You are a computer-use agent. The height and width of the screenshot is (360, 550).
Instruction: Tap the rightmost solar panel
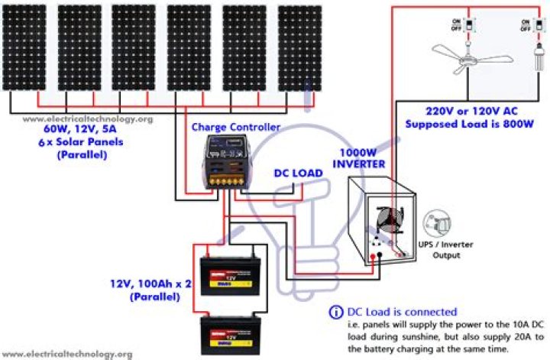coord(299,47)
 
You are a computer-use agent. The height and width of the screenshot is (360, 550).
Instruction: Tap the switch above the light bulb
coord(526,24)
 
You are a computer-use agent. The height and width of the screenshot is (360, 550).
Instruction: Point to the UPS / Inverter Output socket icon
coord(438,225)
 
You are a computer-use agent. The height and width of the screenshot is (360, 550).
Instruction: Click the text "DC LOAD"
coord(297,174)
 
